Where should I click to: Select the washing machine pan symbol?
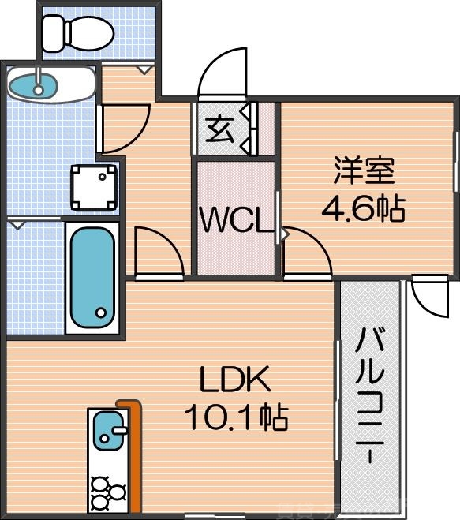coord(94,188)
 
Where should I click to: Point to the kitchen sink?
coord(108,431)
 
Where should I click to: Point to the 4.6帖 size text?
coord(362,208)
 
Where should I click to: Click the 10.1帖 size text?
coord(234,417)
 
